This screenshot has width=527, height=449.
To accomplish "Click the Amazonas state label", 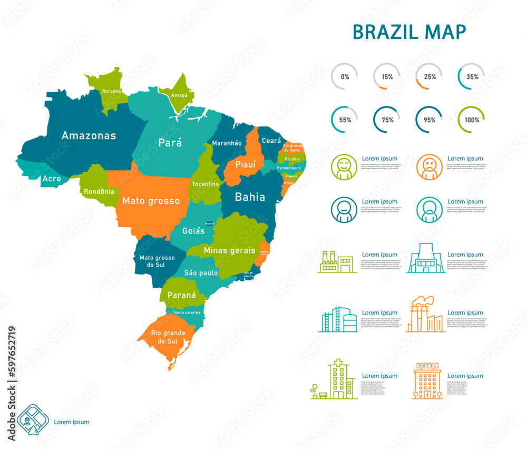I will (89, 135).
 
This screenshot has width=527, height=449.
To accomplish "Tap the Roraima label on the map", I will (111, 91).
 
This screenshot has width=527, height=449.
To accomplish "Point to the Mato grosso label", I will (151, 201).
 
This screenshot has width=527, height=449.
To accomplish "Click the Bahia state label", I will (250, 197).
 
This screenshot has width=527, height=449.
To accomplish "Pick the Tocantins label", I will (206, 184).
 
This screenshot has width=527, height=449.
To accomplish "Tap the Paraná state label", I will (181, 296).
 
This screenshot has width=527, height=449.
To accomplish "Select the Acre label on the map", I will (52, 179).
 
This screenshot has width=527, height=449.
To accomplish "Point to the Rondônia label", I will (99, 192).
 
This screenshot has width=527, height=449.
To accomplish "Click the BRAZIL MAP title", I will (409, 32).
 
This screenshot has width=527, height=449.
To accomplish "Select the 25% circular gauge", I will (429, 76).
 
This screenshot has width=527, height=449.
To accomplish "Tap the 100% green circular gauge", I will (472, 120).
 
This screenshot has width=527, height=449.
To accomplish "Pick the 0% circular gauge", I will (344, 76).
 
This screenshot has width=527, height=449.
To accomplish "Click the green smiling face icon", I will (344, 167).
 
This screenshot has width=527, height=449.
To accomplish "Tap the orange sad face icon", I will (430, 167).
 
